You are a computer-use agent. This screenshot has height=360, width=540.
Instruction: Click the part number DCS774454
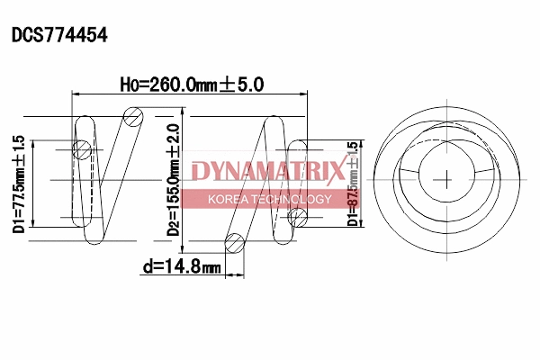[x=59, y=36]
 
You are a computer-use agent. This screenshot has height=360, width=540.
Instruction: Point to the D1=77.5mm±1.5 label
[x=19, y=184]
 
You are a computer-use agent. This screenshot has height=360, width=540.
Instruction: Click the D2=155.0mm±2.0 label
[x=174, y=180]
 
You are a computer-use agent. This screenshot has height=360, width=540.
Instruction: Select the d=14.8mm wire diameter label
[x=181, y=266]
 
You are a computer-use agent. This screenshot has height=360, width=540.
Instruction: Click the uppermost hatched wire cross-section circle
[x=135, y=115]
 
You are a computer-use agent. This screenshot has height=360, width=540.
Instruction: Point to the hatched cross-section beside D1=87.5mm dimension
[x=296, y=216]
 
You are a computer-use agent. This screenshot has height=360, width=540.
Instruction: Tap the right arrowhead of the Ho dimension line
[x=304, y=94]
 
